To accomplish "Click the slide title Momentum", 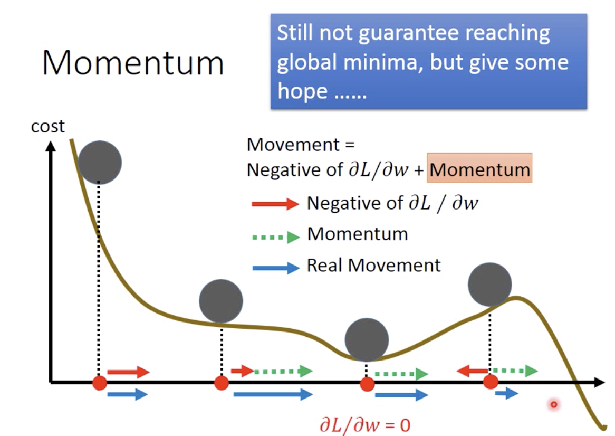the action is pos(133,63).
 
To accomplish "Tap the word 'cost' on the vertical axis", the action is pos(47,126).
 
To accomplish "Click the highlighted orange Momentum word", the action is pos(479,169).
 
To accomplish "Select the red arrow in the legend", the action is pos(275,204).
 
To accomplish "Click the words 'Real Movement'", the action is pos(374,266).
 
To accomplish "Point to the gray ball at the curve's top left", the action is pos(100,163).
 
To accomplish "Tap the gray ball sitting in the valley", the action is pos(367,339).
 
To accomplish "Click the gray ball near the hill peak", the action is pos(490,285).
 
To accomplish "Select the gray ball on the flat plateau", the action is pos(221,301).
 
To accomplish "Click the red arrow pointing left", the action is pos(473,371).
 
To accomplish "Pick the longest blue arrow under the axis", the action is pos(273,394).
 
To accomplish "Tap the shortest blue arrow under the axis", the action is pos(507,392).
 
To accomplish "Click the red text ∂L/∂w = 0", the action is pos(365,425).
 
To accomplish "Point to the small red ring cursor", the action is pos(554,404).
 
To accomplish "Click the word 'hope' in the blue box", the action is pos(302,91).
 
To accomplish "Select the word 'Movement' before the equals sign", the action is pos(293,145).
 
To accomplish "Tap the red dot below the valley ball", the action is pos(367,384).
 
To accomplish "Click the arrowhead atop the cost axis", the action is pos(51,146).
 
